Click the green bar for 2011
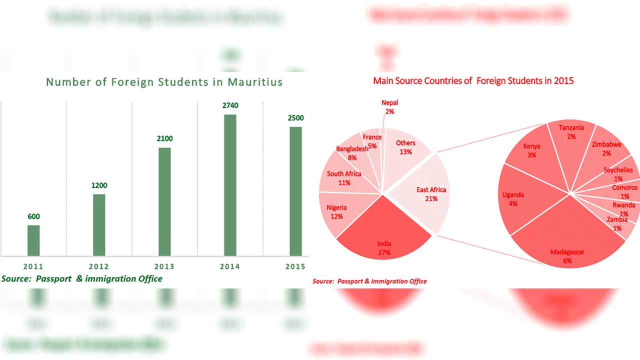pyautogui.click(x=33, y=240)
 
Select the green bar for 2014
pyautogui.click(x=230, y=185)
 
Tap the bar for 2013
pyautogui.click(x=164, y=201)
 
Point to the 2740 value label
pyautogui.click(x=230, y=106)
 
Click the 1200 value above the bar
pyautogui.click(x=99, y=185)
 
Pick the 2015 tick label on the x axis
pyautogui.click(x=295, y=267)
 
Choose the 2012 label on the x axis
pyautogui.click(x=99, y=267)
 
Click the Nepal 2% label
pyautogui.click(x=389, y=107)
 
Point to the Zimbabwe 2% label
pyautogui.click(x=606, y=148)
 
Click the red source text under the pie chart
pyautogui.click(x=369, y=281)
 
